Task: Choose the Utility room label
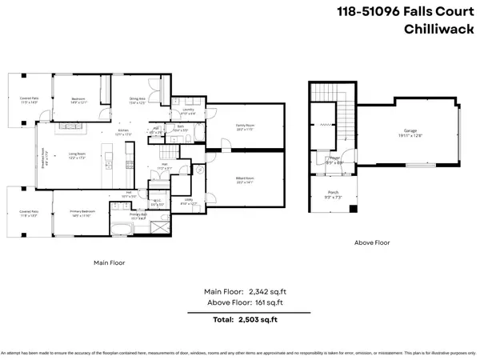coord(189,202)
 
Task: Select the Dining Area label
coord(138,100)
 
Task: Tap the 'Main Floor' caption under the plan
coord(109,262)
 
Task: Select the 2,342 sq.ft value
coord(266,292)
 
